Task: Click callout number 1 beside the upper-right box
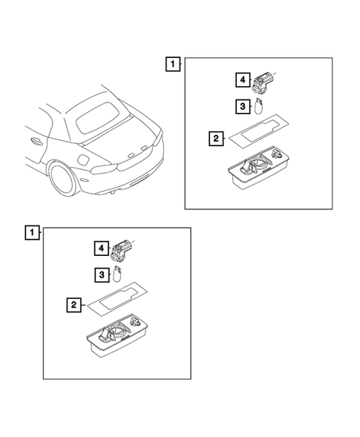pos(173,64)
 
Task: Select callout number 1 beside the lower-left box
pos(33,232)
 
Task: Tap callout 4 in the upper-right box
pos(243,79)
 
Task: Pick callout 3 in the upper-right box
pos(243,106)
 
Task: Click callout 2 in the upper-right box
pos(216,138)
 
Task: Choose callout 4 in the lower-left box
pos(102,248)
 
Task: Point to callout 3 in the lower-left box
pos(102,275)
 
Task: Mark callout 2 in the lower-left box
pos(74,305)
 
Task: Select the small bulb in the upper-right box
pos(259,106)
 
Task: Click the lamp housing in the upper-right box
pos(258,167)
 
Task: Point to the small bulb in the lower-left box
pos(118,275)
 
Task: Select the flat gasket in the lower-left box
pos(117,298)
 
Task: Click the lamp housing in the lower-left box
pos(117,335)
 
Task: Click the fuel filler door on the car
pos(83,160)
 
